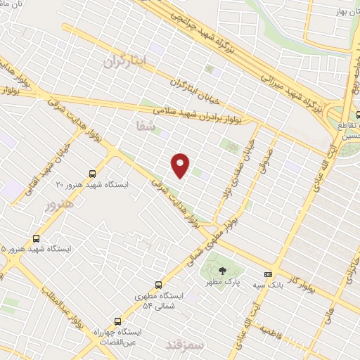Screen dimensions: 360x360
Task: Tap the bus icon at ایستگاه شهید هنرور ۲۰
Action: [x=93, y=174]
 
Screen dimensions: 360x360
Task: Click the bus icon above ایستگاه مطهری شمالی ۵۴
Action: [x=158, y=285]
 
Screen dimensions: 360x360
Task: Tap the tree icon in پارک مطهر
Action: [x=222, y=271]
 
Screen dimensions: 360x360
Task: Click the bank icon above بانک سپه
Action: [x=267, y=274]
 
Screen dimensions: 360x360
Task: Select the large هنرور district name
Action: [x=59, y=206]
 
